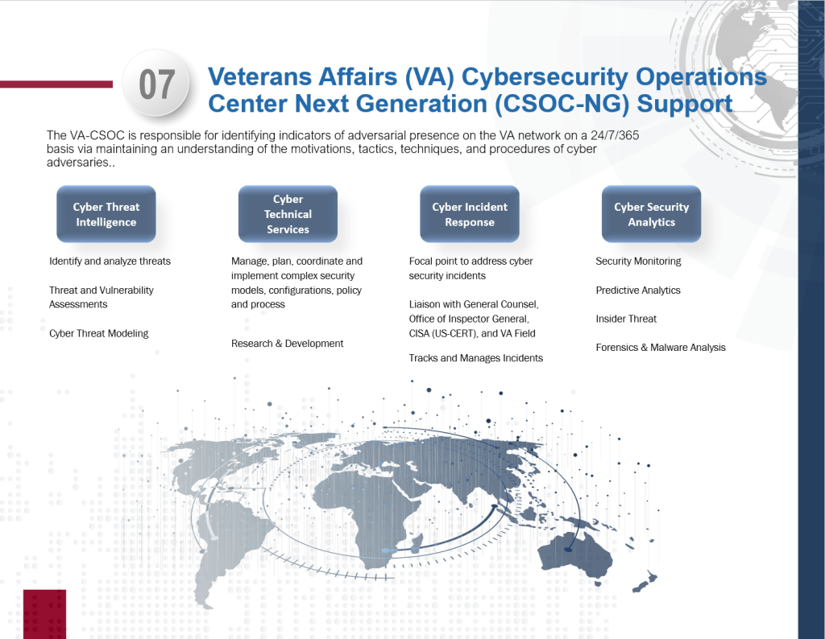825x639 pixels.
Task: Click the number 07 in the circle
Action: tap(157, 85)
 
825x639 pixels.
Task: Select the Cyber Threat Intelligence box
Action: tap(106, 214)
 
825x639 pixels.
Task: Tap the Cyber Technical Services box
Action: tap(288, 214)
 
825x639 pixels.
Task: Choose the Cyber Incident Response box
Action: tap(470, 214)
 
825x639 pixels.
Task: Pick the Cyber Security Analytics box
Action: tap(651, 214)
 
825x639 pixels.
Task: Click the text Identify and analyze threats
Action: tap(110, 262)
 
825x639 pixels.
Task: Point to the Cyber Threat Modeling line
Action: tap(98, 333)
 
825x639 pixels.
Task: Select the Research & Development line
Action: tap(287, 344)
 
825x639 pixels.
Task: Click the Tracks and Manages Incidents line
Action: tap(475, 358)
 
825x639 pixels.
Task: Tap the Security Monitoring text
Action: tap(638, 262)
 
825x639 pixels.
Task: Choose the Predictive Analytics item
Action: tap(638, 291)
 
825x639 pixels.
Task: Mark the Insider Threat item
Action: tap(626, 319)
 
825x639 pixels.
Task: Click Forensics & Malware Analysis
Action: tap(661, 348)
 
